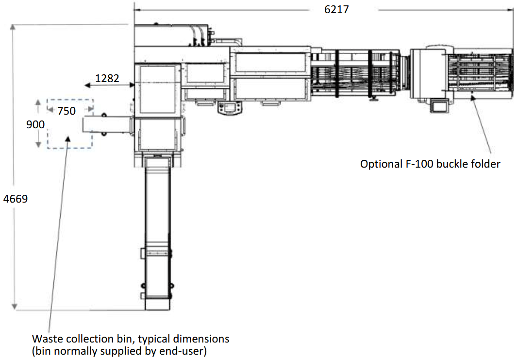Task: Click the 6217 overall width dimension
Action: [x=336, y=9]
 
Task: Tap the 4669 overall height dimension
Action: [x=16, y=199]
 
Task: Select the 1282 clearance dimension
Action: [x=107, y=78]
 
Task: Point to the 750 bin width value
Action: [x=67, y=111]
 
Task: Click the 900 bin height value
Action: [x=35, y=124]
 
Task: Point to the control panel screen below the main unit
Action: [x=230, y=107]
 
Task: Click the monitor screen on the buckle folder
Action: [x=439, y=106]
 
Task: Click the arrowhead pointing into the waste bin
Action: [x=68, y=138]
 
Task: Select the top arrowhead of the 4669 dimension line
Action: [x=13, y=27]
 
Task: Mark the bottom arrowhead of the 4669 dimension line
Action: [x=14, y=307]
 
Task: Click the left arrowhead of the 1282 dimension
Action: [x=87, y=86]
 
